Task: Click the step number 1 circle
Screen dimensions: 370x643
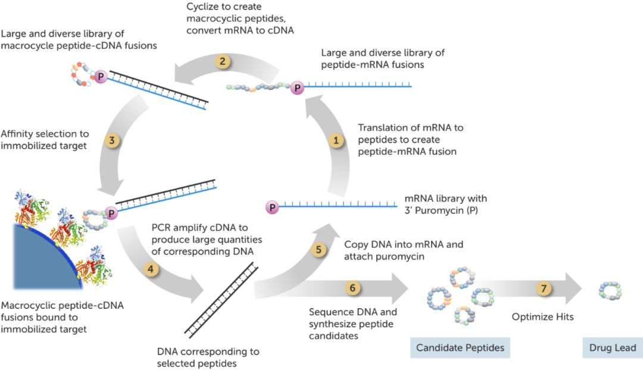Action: [337, 141]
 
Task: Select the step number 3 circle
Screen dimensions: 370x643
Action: [111, 141]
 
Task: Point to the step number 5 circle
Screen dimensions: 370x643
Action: [319, 250]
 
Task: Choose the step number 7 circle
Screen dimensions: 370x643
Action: [543, 289]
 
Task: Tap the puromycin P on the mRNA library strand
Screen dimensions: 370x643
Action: [272, 208]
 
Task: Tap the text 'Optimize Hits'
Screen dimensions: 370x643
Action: [542, 317]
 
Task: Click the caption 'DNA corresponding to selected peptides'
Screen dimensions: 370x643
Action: [208, 357]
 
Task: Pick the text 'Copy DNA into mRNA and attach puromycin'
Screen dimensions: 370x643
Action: [403, 250]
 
